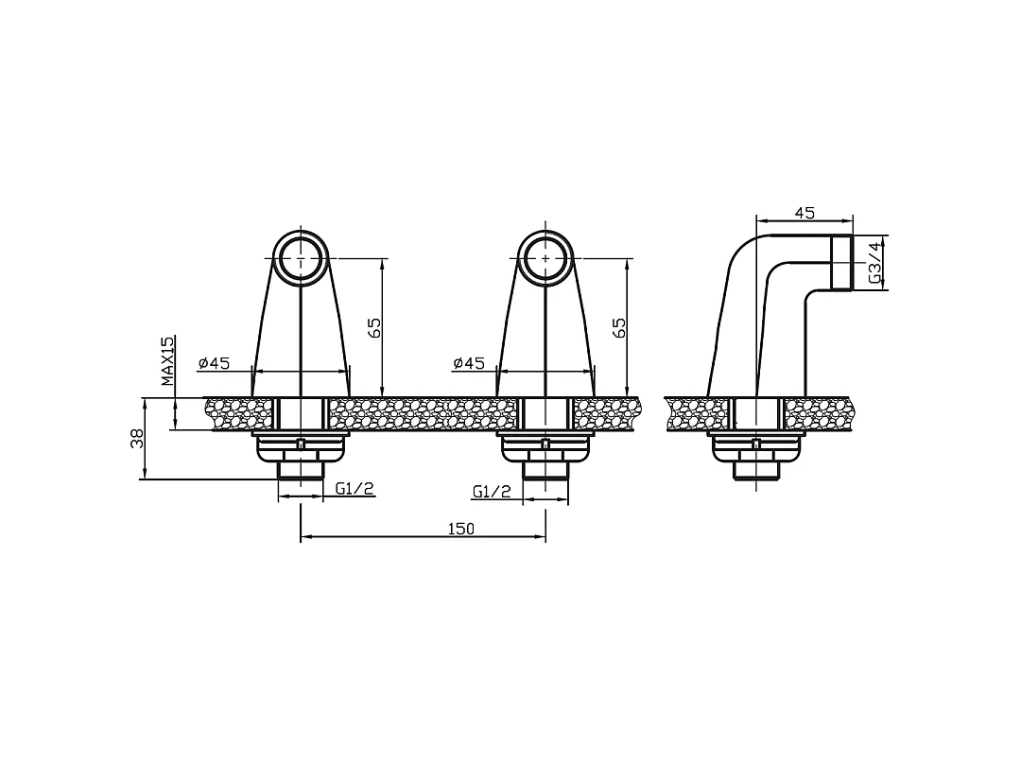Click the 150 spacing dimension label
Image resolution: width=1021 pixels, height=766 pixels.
461,529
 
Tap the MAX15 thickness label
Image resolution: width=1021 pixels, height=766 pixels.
168,361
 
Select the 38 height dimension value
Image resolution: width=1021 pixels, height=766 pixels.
137,439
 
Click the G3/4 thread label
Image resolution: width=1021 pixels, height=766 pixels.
876,263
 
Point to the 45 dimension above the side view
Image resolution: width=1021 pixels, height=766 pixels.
805,213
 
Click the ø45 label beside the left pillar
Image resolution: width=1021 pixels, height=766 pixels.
215,363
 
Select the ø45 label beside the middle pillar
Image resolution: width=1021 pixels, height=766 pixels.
470,363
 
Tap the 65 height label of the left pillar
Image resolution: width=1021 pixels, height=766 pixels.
374,327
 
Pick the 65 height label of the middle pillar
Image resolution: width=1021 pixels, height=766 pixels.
619,327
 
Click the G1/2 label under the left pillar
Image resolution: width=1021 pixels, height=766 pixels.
355,489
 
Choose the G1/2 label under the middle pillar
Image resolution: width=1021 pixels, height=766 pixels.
492,492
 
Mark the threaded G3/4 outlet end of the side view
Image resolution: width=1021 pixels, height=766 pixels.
842,263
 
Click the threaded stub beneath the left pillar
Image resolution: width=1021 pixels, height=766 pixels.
301,470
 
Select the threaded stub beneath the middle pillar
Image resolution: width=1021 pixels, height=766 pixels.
545,470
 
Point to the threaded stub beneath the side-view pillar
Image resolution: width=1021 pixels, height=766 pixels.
755,470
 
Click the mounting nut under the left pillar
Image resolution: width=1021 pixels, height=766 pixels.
301,448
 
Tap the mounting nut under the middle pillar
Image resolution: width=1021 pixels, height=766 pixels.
545,448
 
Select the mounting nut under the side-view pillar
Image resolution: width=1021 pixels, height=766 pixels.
755,448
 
